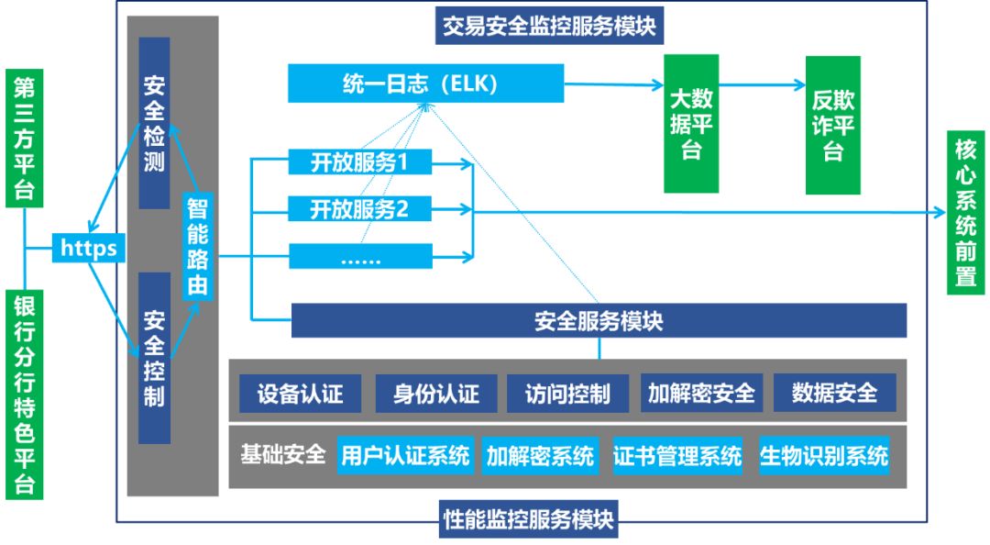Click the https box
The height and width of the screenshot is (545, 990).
pos(88,248)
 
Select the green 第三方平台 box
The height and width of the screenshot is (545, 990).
pos(24,139)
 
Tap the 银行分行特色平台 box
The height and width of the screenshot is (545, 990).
pos(24,395)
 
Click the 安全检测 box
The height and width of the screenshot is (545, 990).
pos(154,123)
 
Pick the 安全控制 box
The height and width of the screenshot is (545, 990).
pos(154,358)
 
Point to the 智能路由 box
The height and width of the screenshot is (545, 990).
pos(197,247)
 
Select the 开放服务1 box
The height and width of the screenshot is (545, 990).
pos(360,163)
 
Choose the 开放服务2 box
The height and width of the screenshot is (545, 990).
pos(360,210)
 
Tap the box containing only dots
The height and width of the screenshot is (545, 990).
pos(360,257)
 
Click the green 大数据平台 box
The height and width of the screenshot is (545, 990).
pos(691,123)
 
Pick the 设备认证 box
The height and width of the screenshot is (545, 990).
pos(300,394)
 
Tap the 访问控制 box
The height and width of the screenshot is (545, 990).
pos(567,394)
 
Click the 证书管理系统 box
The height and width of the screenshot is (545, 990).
pos(677,455)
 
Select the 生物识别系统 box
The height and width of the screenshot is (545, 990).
pos(823,455)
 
